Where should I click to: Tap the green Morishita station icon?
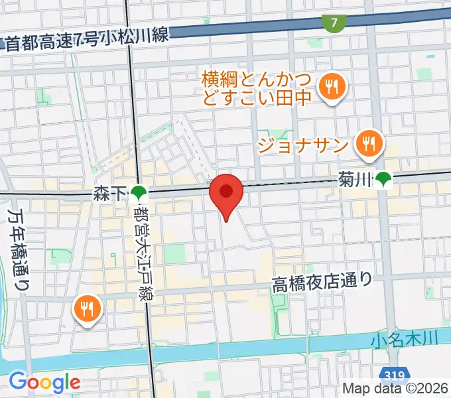click(x=139, y=194)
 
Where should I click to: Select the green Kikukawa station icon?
click(x=383, y=178)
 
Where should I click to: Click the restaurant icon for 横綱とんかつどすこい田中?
click(x=329, y=86)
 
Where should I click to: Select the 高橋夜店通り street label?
click(x=322, y=283)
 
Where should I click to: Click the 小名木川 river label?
click(x=405, y=340)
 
